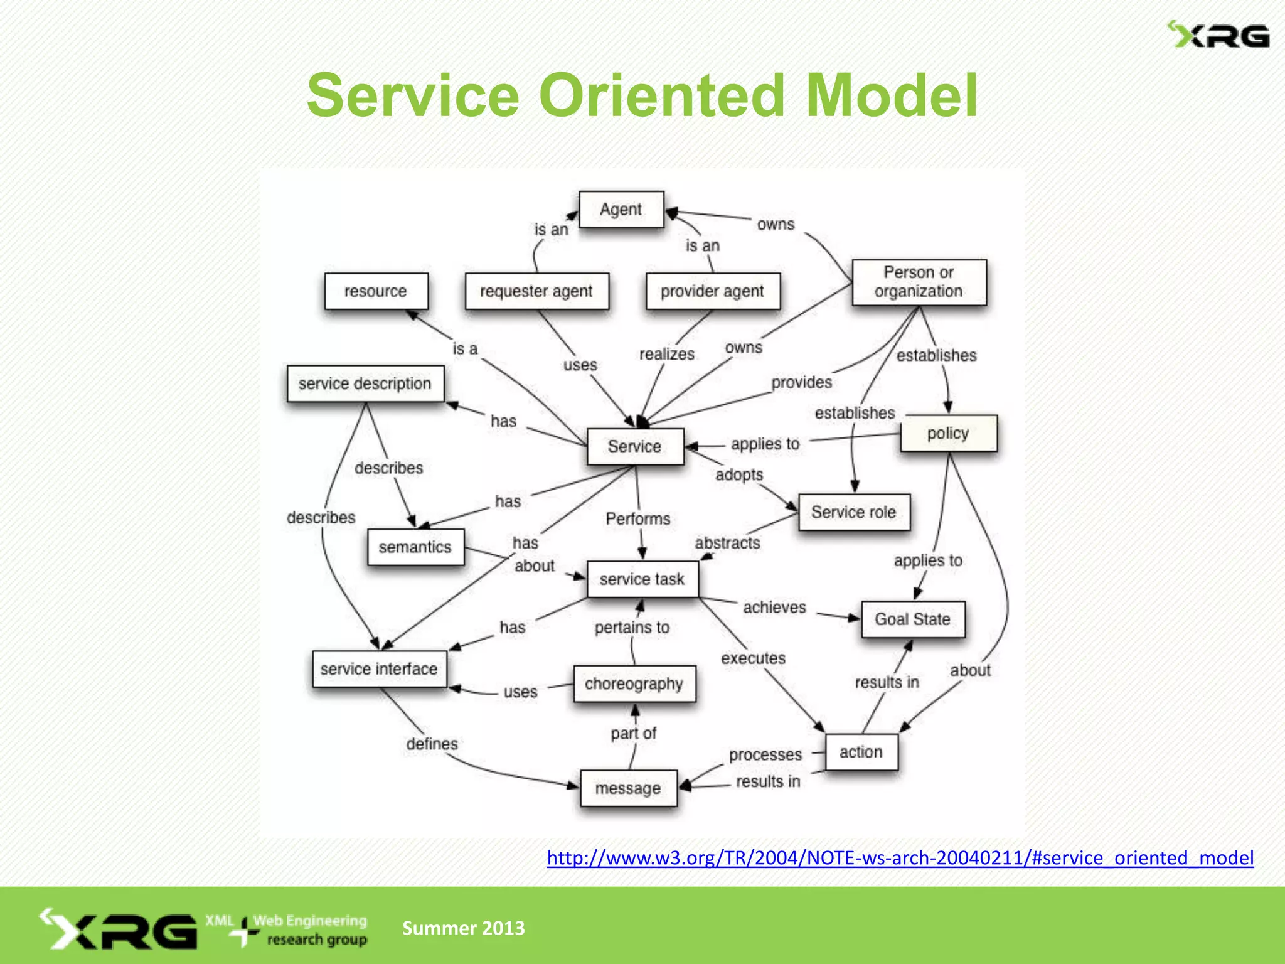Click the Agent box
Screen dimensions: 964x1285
coord(621,210)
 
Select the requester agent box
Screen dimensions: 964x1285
coord(536,291)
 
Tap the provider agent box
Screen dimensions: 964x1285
coord(712,291)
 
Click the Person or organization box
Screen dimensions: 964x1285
coord(919,282)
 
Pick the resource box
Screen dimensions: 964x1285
coord(376,291)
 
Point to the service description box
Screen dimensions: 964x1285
coord(365,383)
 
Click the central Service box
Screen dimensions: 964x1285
coord(634,446)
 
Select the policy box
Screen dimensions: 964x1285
coord(948,433)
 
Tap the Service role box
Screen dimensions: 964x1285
coord(853,512)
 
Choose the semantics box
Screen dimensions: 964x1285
coord(415,547)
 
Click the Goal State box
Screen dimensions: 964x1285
coord(912,619)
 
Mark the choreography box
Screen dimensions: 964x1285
coord(634,683)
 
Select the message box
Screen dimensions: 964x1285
coord(628,788)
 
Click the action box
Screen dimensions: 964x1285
coord(861,752)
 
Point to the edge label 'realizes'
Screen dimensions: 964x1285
coord(666,355)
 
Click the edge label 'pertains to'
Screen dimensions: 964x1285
coord(632,628)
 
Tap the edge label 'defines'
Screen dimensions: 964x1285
coord(432,744)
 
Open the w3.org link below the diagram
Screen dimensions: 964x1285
coord(900,858)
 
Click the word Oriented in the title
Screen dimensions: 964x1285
coord(662,95)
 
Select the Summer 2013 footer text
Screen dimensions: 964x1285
coord(463,928)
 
